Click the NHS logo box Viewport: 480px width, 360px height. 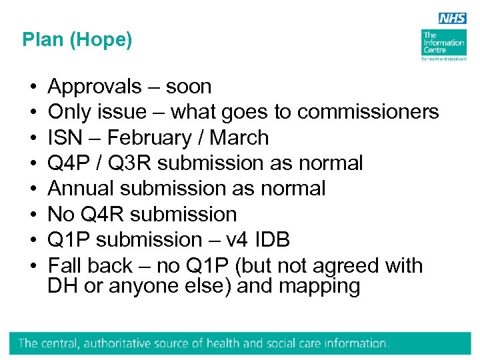[452, 19]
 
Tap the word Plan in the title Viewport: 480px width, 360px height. [41, 40]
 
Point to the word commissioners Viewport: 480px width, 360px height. [368, 112]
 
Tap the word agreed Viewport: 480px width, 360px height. [339, 265]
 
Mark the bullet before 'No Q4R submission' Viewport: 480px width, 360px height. [33, 215]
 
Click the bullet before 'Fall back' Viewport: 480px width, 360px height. [33, 265]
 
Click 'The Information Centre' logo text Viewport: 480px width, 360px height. [443, 43]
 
